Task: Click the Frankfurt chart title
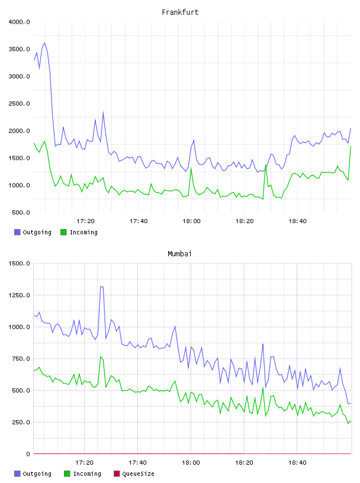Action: point(180,12)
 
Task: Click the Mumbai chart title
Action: point(179,254)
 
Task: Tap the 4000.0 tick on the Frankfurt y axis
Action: point(19,22)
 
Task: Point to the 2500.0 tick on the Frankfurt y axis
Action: point(19,104)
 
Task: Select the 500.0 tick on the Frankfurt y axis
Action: point(21,212)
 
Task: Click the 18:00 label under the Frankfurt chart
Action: point(191,221)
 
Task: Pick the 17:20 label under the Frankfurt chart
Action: point(85,221)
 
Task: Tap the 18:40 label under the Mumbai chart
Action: point(297,463)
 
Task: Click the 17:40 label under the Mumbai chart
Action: point(137,463)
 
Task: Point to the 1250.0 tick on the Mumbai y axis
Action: point(19,295)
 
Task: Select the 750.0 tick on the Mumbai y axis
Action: point(21,359)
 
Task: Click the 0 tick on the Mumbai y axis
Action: point(28,454)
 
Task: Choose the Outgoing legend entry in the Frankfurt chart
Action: point(33,232)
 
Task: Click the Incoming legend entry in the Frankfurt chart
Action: point(79,232)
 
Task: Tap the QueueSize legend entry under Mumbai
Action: point(134,474)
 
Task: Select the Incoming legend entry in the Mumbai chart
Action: point(82,474)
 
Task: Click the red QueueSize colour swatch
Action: point(117,474)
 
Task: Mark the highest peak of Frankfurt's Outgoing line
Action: point(44,43)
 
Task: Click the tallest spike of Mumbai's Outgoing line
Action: point(102,286)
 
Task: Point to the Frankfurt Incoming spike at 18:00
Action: point(191,168)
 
